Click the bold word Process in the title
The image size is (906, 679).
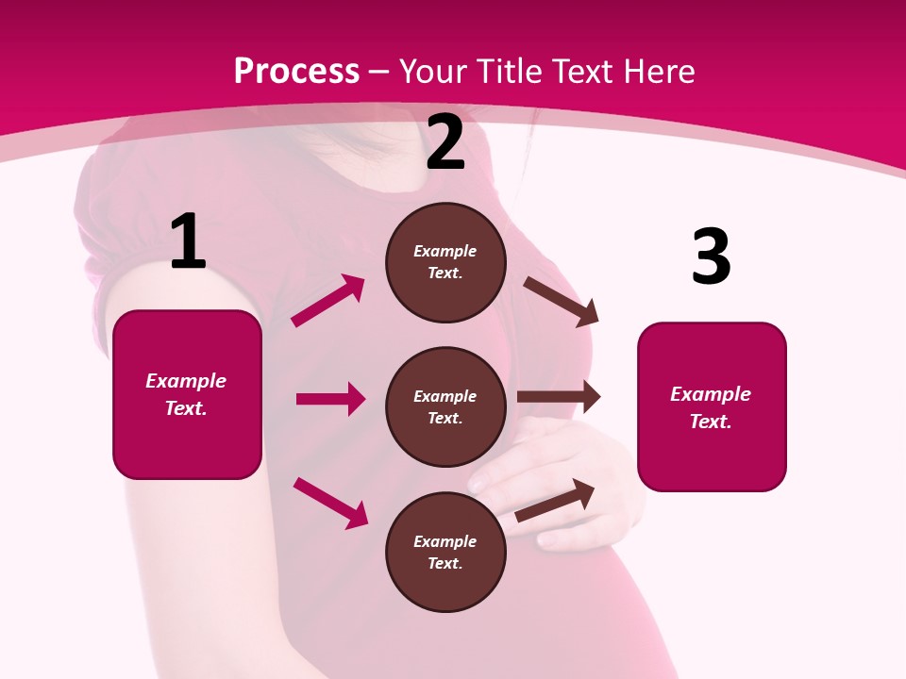coord(296,71)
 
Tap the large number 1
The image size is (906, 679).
coord(188,242)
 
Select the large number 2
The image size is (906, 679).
coord(445,142)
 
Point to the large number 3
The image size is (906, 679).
coord(712,257)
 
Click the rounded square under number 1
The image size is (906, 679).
coord(187,394)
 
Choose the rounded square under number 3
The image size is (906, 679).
coord(712,406)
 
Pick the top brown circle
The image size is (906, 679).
coord(445,262)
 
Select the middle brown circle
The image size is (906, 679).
coord(445,406)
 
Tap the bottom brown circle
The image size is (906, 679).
coord(445,552)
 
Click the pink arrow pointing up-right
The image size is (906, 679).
coord(328,301)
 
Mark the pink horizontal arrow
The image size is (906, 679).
coord(330,399)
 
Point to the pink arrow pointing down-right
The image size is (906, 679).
coord(330,502)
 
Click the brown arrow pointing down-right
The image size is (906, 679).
coord(562,301)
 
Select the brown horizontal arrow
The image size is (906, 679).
coord(559,397)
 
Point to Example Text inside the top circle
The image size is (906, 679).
coord(445,262)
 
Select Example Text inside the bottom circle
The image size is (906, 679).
coord(445,552)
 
